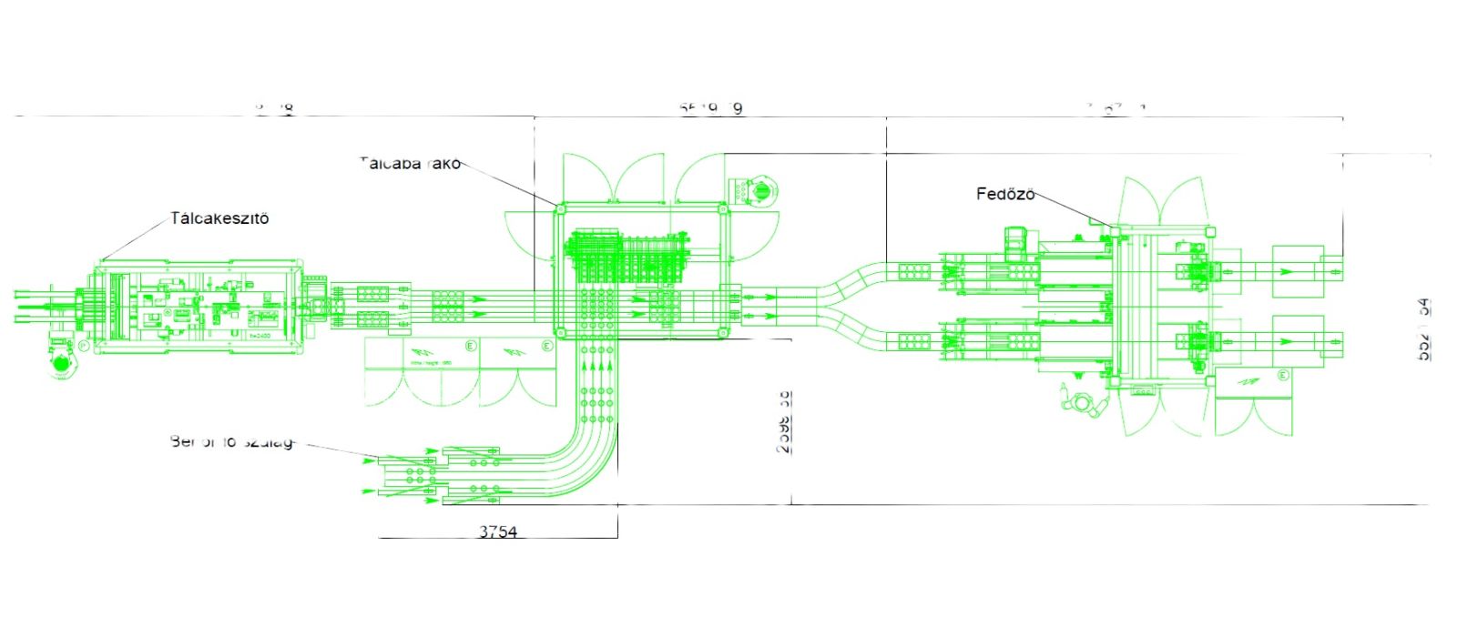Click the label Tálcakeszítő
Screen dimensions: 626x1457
219,218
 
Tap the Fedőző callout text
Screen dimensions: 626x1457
1005,194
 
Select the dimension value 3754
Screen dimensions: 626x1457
498,530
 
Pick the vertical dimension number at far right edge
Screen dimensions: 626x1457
1423,329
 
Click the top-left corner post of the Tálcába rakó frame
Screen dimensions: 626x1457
560,209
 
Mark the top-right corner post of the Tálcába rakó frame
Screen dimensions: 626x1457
722,209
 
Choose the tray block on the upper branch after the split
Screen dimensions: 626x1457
913,271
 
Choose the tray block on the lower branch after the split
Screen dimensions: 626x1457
913,342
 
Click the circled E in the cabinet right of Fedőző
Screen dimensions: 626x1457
1282,375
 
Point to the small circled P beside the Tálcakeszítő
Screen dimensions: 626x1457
84,346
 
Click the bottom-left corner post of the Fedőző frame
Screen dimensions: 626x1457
1113,383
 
